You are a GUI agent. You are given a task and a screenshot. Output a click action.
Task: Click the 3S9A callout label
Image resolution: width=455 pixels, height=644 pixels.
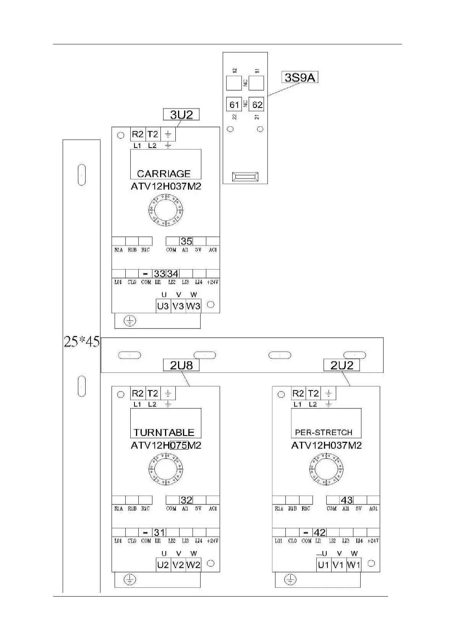(300, 78)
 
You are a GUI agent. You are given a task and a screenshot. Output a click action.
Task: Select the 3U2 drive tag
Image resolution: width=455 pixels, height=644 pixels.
(181, 114)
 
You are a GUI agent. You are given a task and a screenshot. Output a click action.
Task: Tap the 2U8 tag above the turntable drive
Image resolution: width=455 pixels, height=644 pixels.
(181, 365)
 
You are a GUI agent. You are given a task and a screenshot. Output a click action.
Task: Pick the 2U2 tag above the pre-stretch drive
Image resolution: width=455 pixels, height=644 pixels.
(342, 365)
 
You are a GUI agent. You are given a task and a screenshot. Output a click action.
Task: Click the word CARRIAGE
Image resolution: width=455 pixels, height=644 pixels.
(164, 174)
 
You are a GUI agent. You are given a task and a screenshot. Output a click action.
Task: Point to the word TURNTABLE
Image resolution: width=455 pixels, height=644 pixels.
(164, 433)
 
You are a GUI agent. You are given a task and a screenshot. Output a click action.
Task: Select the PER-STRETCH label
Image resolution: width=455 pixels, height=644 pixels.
(324, 433)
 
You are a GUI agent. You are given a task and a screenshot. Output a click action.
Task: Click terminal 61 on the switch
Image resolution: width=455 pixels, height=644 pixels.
(234, 104)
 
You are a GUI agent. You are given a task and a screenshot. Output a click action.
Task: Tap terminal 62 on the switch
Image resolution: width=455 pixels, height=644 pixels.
(257, 104)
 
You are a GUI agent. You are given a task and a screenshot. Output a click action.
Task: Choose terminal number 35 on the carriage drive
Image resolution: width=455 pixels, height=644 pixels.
(186, 241)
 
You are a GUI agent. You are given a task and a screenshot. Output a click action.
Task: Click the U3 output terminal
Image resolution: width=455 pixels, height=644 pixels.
(163, 306)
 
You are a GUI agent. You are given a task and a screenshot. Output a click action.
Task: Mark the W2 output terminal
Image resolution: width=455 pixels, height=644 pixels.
(193, 565)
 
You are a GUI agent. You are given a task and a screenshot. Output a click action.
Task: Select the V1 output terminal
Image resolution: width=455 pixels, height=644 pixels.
(338, 565)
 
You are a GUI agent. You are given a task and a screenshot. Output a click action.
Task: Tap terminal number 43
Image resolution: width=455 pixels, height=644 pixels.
(347, 500)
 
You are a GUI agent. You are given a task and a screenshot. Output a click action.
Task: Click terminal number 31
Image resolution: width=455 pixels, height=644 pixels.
(159, 532)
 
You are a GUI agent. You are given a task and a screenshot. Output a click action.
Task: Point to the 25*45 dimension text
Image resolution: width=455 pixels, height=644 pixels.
(81, 342)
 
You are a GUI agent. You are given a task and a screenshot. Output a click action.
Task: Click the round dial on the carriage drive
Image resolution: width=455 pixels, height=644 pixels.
(166, 210)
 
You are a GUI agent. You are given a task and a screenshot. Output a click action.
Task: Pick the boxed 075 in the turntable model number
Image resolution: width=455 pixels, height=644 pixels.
(179, 445)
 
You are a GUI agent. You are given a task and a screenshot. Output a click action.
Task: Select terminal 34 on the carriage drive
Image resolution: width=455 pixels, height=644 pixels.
(173, 274)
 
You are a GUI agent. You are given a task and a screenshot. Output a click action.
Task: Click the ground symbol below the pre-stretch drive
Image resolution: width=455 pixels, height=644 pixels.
(290, 580)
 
